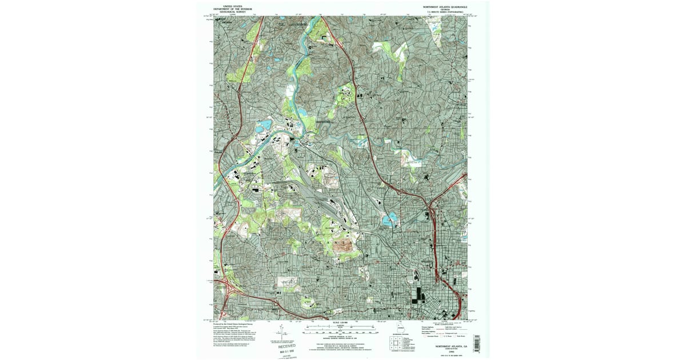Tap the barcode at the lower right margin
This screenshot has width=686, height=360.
476,341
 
